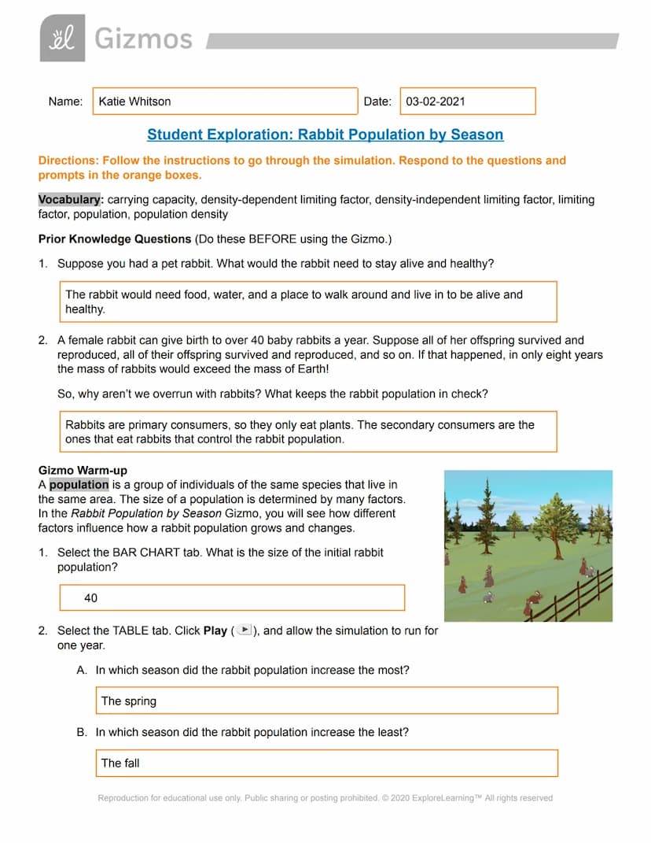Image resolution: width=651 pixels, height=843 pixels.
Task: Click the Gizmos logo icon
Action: (62, 38)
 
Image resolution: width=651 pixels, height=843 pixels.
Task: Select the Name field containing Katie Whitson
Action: (225, 102)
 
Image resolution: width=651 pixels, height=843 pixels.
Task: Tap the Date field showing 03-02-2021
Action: (468, 102)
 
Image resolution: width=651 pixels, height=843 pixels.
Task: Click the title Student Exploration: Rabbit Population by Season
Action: (325, 135)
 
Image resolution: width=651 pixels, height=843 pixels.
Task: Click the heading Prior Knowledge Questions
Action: (115, 238)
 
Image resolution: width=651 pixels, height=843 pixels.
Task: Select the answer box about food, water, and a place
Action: (309, 301)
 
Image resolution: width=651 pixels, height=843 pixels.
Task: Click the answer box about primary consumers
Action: (309, 431)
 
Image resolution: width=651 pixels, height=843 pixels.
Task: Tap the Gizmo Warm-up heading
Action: (83, 471)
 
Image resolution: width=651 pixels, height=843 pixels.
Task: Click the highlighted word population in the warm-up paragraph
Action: (79, 485)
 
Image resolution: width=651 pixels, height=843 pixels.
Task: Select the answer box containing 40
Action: (232, 598)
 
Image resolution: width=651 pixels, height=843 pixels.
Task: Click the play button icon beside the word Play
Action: (245, 630)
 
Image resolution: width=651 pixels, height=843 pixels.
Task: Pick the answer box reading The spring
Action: (325, 701)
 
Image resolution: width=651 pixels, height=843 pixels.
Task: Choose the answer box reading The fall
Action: (325, 763)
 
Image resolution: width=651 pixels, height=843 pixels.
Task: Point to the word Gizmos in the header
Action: (143, 38)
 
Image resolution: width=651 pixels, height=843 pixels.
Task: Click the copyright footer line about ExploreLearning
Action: (325, 798)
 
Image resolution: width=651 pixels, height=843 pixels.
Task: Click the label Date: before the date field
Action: (377, 102)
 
